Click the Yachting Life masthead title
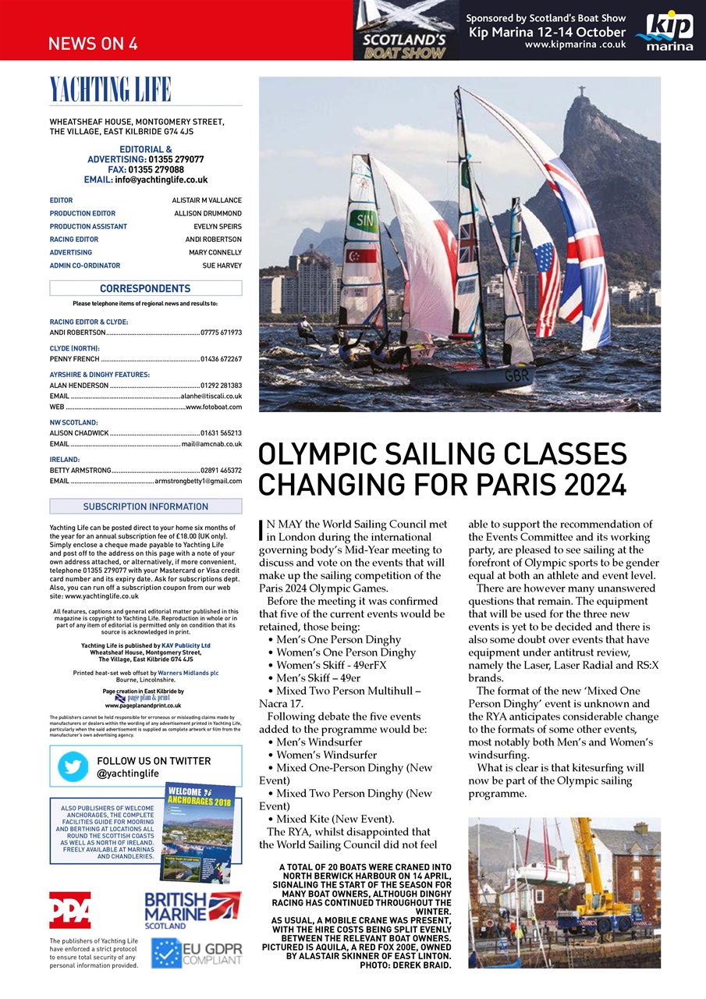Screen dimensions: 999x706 click(110, 90)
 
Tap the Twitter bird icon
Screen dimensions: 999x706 click(73, 766)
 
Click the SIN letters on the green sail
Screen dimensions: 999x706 click(364, 220)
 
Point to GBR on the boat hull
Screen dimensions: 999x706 click(516, 376)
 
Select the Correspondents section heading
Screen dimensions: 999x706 click(145, 289)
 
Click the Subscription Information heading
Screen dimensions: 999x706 click(145, 507)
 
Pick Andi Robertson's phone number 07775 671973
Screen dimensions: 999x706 click(221, 332)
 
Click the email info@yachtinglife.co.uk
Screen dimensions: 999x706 click(161, 180)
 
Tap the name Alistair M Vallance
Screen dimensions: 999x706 click(207, 201)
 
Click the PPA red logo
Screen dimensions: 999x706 click(69, 910)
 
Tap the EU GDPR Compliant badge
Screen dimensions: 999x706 click(197, 952)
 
